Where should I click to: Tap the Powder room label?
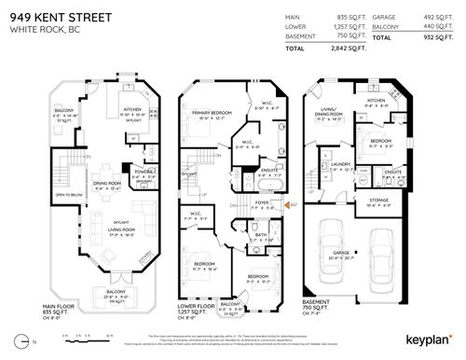pyautogui.click(x=144, y=171)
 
